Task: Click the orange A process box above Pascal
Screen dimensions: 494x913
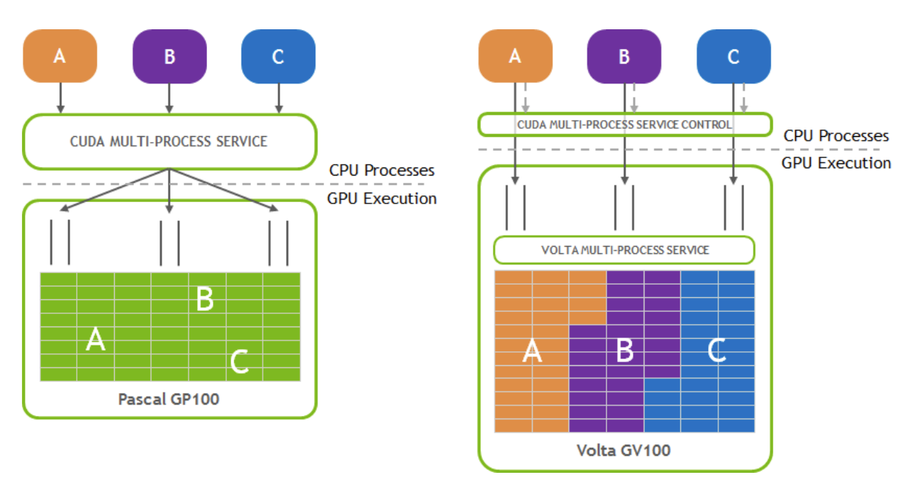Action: click(x=60, y=56)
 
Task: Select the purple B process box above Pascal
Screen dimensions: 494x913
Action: click(x=169, y=56)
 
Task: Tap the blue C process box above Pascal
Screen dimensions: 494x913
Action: click(x=278, y=56)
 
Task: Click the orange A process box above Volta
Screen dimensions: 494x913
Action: click(x=515, y=56)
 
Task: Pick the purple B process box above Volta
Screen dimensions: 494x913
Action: click(x=624, y=56)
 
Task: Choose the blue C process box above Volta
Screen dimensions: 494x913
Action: click(x=733, y=56)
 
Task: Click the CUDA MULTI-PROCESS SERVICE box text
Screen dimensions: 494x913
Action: click(x=169, y=141)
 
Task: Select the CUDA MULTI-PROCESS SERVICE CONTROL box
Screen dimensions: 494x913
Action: click(x=625, y=124)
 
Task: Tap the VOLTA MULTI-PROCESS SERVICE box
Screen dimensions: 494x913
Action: click(x=625, y=250)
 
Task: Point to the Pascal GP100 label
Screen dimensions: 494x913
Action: click(x=169, y=400)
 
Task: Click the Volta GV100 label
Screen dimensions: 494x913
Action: click(x=624, y=450)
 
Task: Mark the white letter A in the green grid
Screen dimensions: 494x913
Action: click(x=95, y=340)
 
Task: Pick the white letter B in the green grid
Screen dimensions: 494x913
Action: click(x=205, y=299)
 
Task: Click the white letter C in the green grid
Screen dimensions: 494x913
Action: click(x=239, y=362)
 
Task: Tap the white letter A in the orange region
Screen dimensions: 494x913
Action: click(x=532, y=352)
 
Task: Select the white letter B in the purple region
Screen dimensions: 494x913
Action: click(x=624, y=351)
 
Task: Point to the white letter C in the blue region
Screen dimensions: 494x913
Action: click(x=716, y=351)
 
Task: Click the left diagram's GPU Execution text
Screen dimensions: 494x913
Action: click(x=383, y=198)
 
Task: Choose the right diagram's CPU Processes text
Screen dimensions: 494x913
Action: click(x=836, y=135)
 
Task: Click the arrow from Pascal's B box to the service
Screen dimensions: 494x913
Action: click(x=169, y=97)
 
